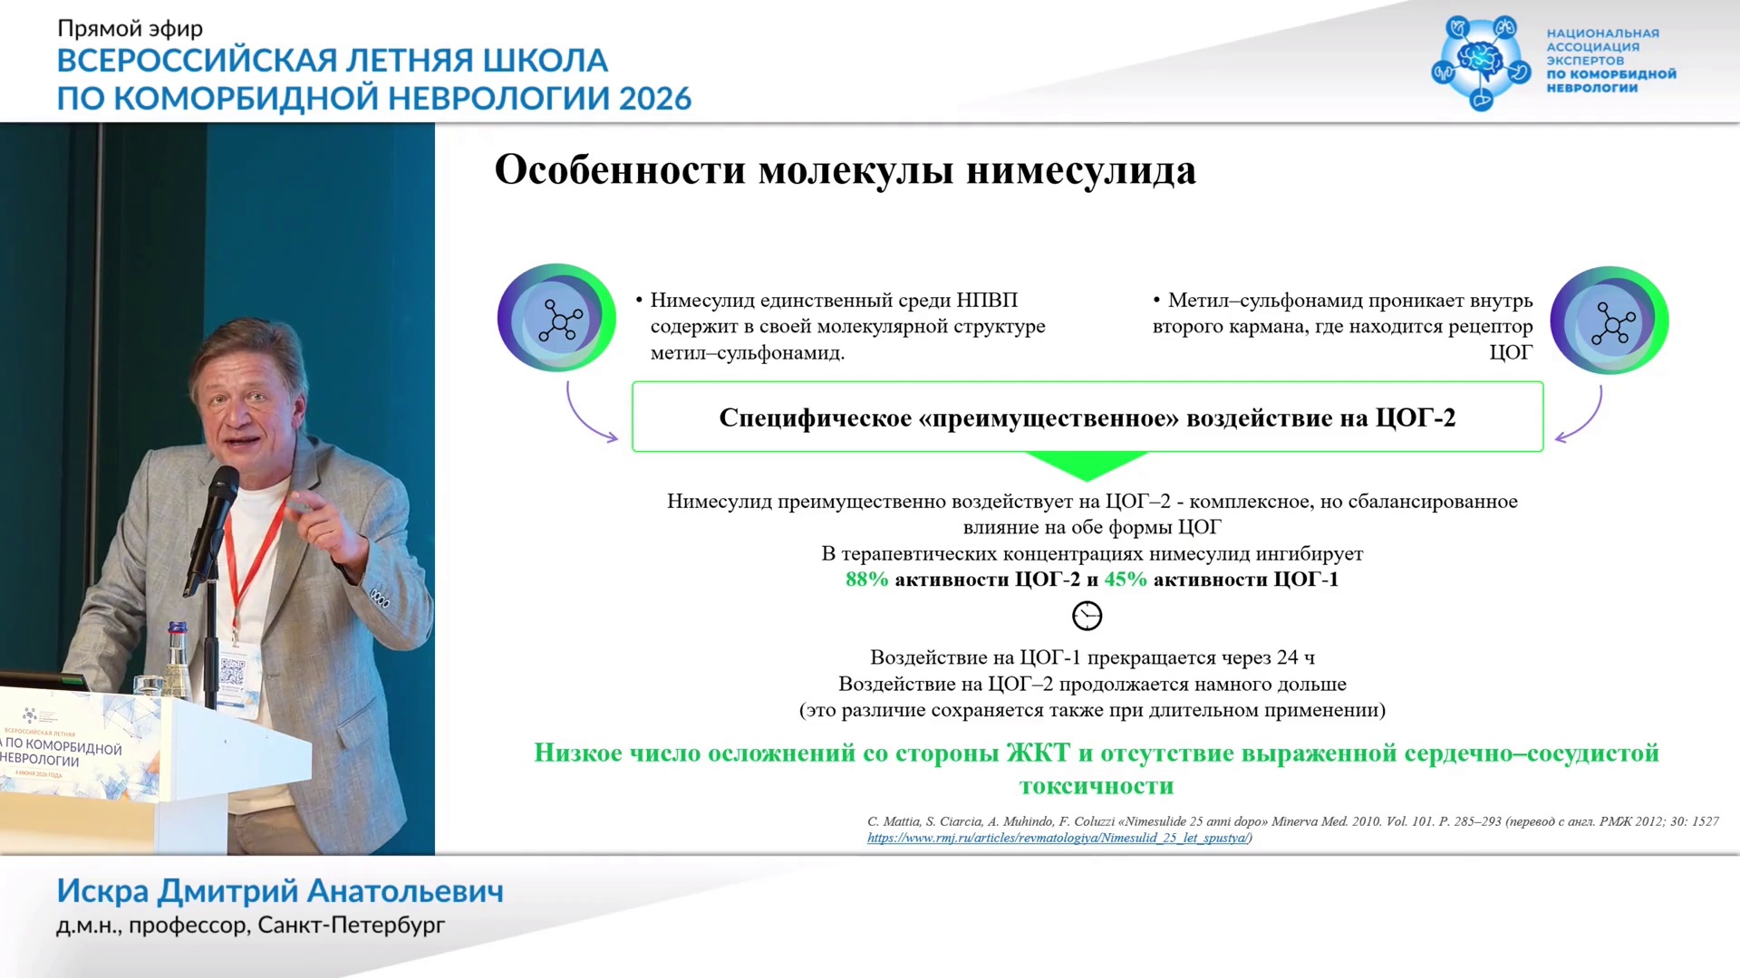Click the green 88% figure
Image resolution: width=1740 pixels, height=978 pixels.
(x=866, y=580)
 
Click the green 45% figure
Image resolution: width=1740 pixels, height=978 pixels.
(x=1126, y=580)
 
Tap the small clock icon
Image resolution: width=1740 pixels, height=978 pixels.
(x=1087, y=616)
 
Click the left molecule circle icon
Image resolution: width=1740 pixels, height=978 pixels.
(x=556, y=318)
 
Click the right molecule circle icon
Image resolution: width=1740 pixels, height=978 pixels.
(x=1609, y=321)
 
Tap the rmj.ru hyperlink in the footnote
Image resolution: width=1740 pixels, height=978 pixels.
(x=1058, y=838)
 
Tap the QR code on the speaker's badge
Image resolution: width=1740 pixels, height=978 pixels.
(x=232, y=672)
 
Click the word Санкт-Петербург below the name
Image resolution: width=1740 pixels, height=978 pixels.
(x=352, y=925)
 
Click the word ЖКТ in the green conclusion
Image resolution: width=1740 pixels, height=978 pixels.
(x=1038, y=753)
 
